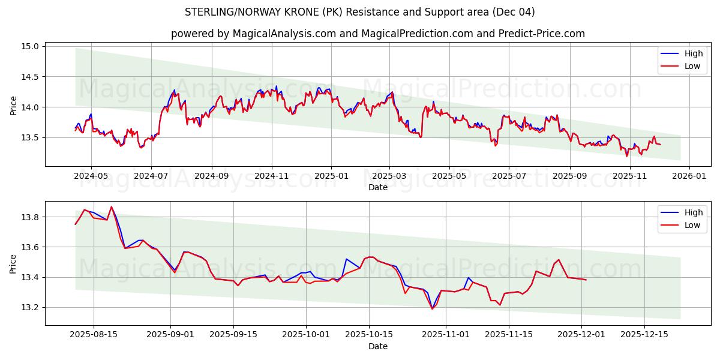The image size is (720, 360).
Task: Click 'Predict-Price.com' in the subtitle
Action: click(x=542, y=34)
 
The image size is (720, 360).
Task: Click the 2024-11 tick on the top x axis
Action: click(x=272, y=176)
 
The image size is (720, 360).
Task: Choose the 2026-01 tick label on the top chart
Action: click(x=689, y=176)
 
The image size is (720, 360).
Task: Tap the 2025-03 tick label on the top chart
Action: click(x=389, y=176)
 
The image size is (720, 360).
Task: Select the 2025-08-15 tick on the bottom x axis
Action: click(x=94, y=335)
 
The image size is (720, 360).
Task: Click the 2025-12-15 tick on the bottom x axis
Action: click(x=644, y=335)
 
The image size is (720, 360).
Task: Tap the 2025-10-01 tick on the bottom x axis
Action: click(x=306, y=335)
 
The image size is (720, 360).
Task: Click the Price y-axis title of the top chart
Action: click(x=14, y=105)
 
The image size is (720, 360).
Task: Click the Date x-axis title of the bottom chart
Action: click(x=378, y=346)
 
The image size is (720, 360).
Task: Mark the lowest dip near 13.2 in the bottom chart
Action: click(x=432, y=308)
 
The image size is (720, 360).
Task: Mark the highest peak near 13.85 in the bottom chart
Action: click(x=111, y=207)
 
